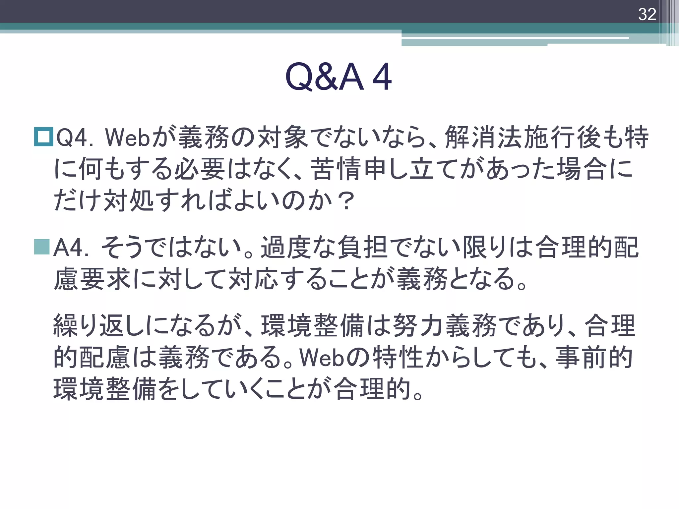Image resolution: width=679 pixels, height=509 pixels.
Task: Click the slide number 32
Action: (x=647, y=14)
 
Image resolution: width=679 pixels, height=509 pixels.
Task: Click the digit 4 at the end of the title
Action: (x=382, y=77)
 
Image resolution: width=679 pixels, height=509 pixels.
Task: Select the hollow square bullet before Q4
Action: (x=43, y=137)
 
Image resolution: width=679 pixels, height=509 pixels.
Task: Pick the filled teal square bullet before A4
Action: (x=42, y=247)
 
